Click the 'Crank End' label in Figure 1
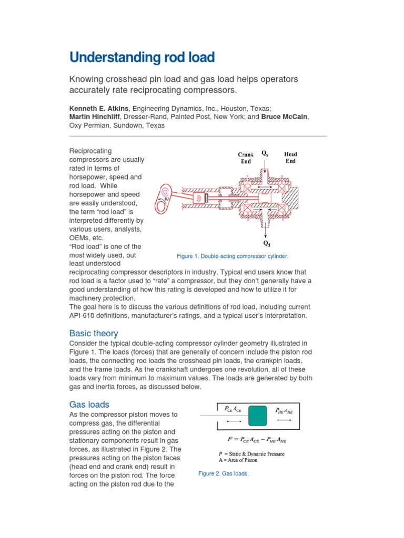tap(246, 158)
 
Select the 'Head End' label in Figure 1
tap(290, 158)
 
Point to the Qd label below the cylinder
tap(267, 243)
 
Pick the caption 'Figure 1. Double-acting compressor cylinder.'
tap(233, 256)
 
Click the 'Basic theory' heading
tap(94, 333)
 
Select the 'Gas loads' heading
tap(89, 405)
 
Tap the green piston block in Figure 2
tap(257, 416)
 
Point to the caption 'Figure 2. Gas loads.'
tap(224, 473)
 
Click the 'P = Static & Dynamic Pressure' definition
tap(251, 453)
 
